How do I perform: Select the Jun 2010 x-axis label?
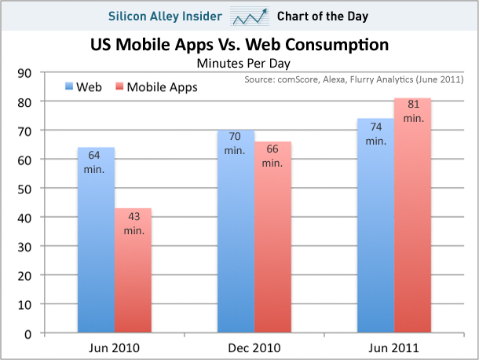click(114, 347)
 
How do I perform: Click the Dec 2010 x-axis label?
click(254, 347)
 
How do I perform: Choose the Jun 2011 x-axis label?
click(393, 347)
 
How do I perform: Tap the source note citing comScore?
click(354, 79)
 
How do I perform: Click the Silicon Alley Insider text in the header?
click(167, 16)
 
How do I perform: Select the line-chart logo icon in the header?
click(252, 16)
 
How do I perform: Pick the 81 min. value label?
click(412, 110)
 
